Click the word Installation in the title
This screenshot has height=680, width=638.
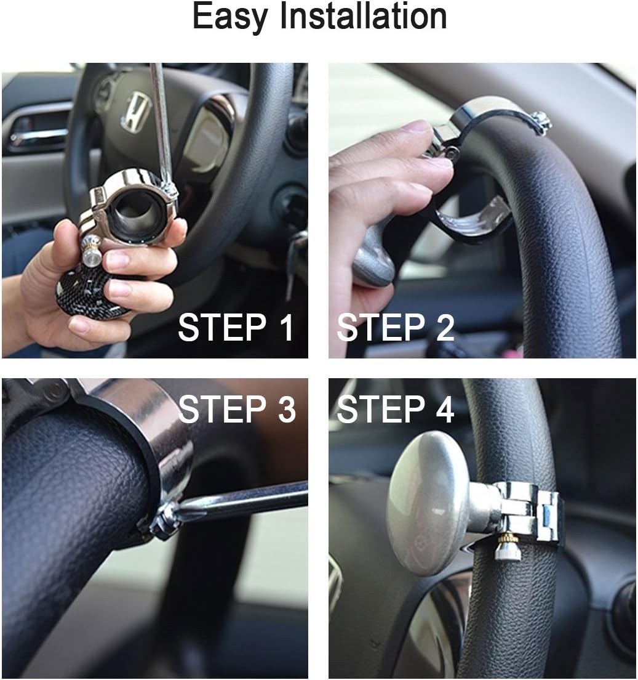pyautogui.click(x=363, y=17)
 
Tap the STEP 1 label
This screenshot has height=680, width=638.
pyautogui.click(x=236, y=328)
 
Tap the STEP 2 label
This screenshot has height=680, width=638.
pyautogui.click(x=396, y=328)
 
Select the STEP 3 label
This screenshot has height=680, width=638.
pyautogui.click(x=236, y=409)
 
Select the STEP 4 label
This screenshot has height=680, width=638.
pyautogui.click(x=396, y=409)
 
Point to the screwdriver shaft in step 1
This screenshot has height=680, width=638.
pyautogui.click(x=161, y=123)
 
